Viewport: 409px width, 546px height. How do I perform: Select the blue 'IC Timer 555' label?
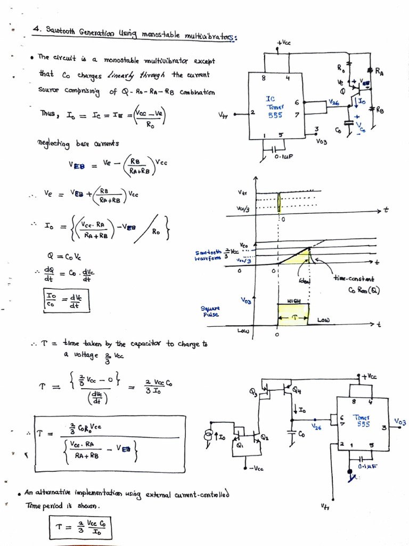point(275,107)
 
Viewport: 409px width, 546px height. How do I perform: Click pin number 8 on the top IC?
point(263,78)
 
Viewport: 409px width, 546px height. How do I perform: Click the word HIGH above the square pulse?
point(293,301)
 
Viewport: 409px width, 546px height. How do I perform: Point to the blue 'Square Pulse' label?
point(210,311)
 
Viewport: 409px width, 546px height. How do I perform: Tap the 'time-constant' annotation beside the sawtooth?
point(353,278)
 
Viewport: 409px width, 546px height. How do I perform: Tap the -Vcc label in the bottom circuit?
point(256,469)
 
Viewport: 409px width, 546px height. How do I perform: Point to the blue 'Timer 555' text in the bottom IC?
point(363,421)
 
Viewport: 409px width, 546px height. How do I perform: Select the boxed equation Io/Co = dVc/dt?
point(66,301)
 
